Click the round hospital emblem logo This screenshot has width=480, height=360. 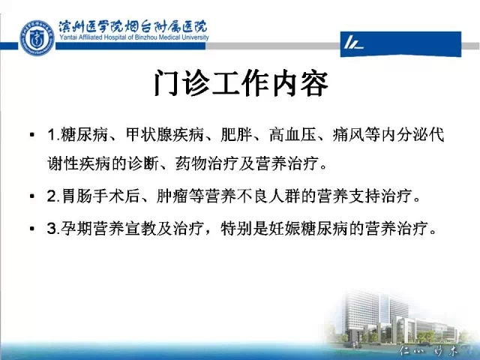pyautogui.click(x=37, y=38)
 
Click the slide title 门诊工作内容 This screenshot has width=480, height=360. pyautogui.click(x=241, y=83)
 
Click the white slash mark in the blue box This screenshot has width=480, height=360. pyautogui.click(x=352, y=43)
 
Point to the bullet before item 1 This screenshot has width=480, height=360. pyautogui.click(x=32, y=135)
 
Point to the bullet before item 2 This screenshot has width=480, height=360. pyautogui.click(x=32, y=196)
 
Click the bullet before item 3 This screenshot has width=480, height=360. pyautogui.click(x=32, y=228)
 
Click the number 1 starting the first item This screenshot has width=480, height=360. pyautogui.click(x=51, y=135)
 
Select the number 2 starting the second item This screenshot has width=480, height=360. pyautogui.click(x=52, y=196)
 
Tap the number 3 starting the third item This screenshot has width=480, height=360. pyautogui.click(x=52, y=228)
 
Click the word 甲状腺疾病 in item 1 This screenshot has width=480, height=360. pyautogui.click(x=165, y=135)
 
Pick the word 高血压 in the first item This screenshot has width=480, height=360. pyautogui.click(x=292, y=135)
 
